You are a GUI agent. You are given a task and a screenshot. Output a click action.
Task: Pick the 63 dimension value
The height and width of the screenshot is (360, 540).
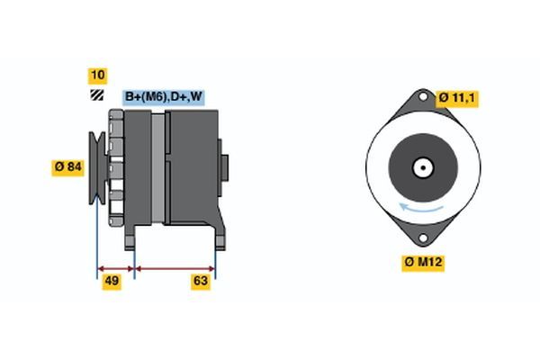(x=201, y=282)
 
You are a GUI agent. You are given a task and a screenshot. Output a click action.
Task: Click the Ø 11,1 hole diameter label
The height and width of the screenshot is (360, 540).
(x=457, y=97)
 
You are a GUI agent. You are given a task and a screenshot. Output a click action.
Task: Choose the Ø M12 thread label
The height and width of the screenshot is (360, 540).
(x=422, y=263)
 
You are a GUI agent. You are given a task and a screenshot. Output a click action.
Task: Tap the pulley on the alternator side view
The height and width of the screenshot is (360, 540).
(x=96, y=166)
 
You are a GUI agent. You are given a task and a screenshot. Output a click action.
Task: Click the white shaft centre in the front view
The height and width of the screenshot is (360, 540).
(x=421, y=166)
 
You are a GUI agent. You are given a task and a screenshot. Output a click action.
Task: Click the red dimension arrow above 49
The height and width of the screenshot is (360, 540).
(x=115, y=267)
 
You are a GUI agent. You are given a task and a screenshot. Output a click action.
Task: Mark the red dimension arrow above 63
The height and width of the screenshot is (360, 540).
(x=175, y=267)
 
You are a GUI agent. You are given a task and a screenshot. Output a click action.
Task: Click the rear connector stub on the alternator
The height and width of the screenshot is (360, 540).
(x=224, y=166)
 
